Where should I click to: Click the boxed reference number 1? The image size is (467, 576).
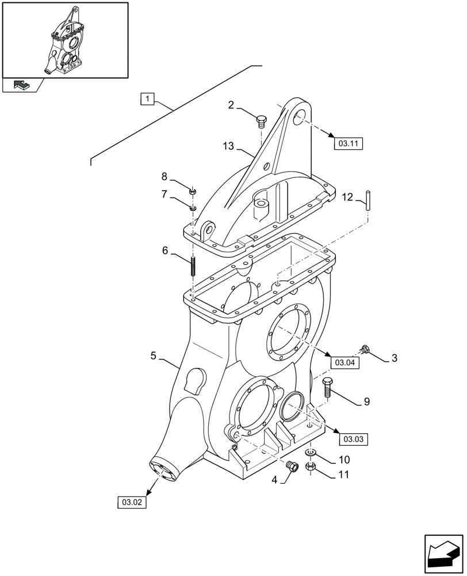pos(148,99)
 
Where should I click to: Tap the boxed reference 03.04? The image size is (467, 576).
pos(344,362)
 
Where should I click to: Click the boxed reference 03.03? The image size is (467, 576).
pos(354,439)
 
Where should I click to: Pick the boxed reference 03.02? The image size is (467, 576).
pos(132,502)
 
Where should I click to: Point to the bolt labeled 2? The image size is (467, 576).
pos(261,121)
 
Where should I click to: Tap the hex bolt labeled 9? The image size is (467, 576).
pos(328,389)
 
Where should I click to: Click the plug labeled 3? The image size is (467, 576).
pos(363,348)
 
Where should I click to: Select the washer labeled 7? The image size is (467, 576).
pos(194,207)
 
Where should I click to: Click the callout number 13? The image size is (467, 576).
pos(228,147)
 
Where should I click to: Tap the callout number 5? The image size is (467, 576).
pos(154,357)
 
